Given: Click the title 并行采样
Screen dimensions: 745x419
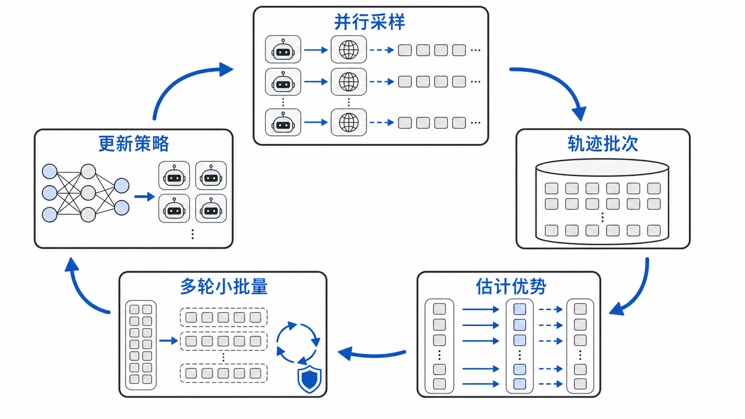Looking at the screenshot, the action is (x=369, y=22).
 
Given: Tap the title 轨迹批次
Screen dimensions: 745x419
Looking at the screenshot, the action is (x=603, y=144).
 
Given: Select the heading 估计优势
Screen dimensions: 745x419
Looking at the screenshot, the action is (x=511, y=286).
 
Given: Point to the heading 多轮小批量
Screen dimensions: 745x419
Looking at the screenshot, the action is (x=224, y=286).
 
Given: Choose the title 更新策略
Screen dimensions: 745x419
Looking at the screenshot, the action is (x=134, y=144).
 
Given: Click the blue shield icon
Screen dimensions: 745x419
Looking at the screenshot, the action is (x=309, y=379).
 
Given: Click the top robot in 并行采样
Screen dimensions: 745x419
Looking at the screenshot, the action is (x=283, y=49).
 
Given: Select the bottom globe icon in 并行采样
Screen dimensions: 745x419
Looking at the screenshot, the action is (x=348, y=122).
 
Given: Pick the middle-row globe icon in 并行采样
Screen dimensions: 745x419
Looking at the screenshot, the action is (x=348, y=82).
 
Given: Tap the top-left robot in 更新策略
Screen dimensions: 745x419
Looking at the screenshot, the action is (x=174, y=175).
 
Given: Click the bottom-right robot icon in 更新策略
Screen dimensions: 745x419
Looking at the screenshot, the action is (x=211, y=208).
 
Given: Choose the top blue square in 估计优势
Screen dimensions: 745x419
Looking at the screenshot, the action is (x=520, y=309).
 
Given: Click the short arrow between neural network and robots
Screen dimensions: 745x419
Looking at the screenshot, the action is (x=145, y=197).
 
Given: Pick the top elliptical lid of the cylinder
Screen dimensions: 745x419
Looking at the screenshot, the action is (x=602, y=167).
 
